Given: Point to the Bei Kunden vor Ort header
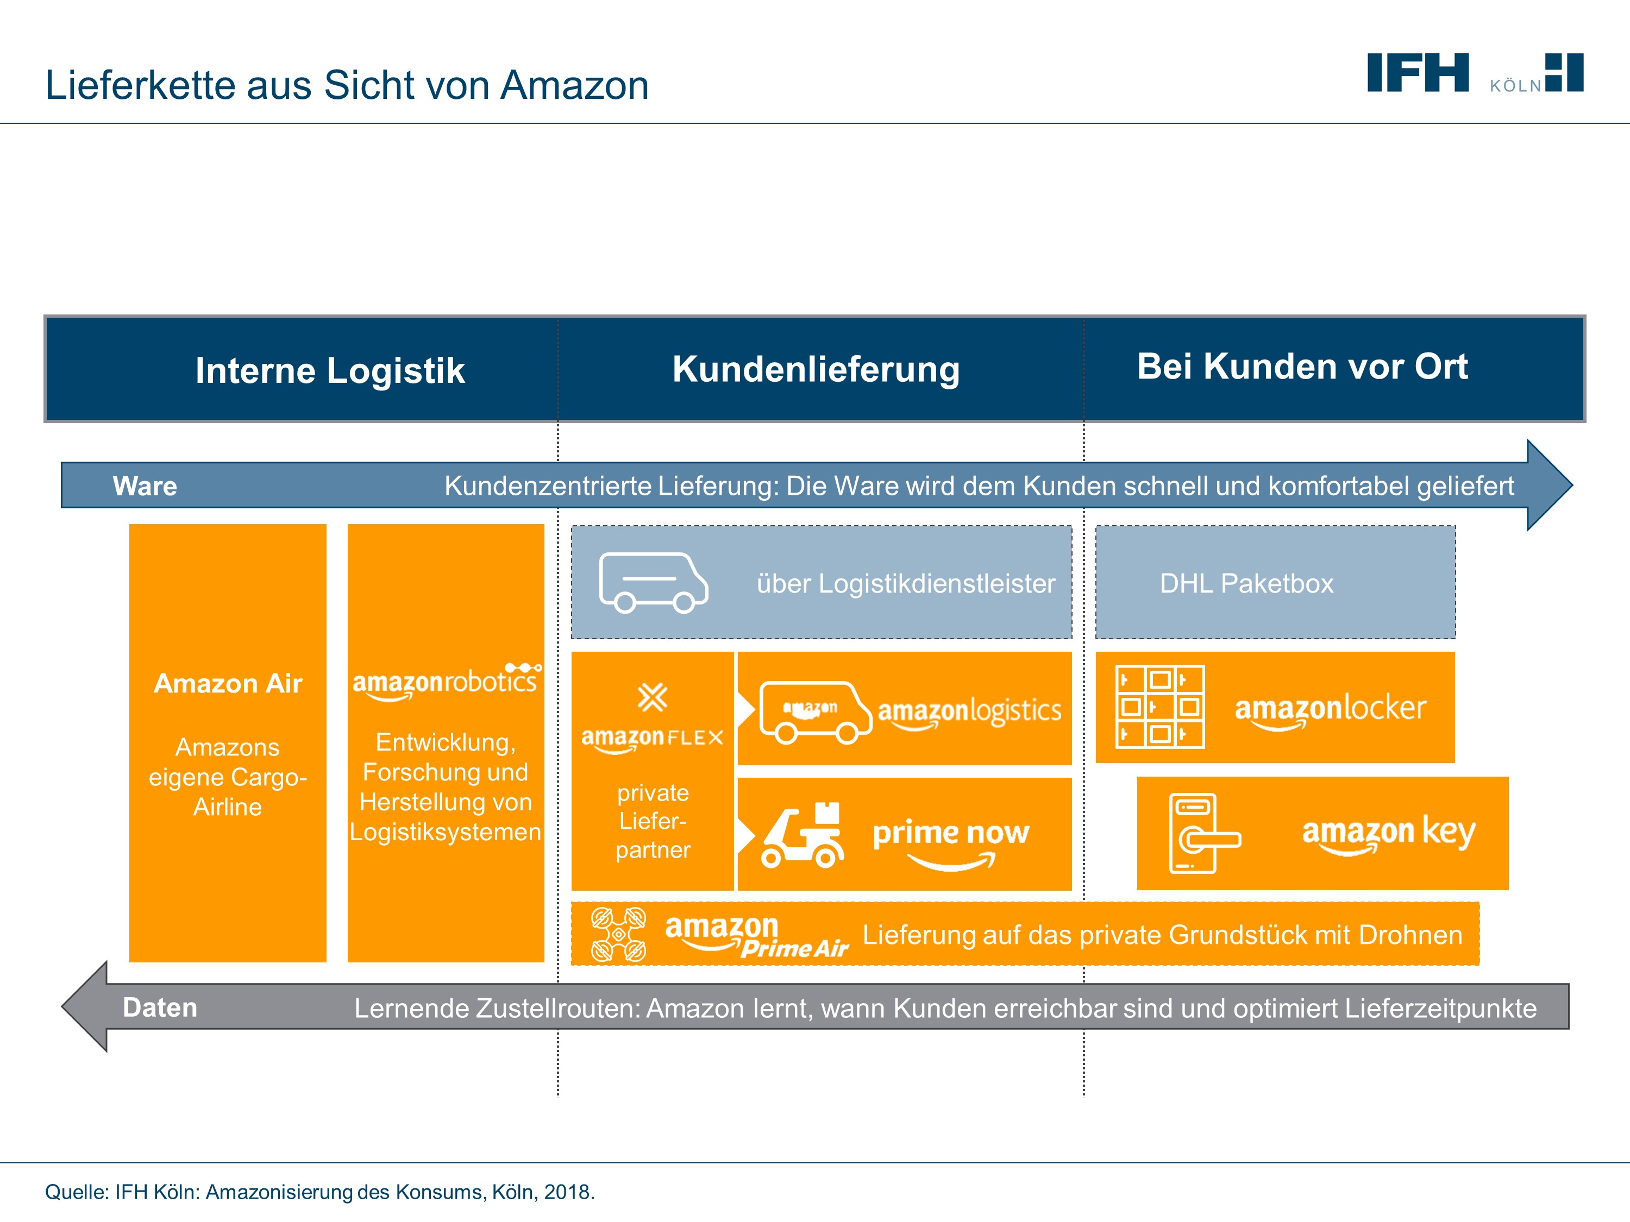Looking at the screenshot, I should [1301, 366].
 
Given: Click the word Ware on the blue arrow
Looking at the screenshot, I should [145, 486].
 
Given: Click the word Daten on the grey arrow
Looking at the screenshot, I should [160, 1007].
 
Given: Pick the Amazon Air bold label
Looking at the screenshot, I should [228, 684].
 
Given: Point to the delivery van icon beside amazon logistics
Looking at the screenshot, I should [815, 711].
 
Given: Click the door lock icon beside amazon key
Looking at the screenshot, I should [1201, 833].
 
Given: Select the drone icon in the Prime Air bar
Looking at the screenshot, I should [618, 934].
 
